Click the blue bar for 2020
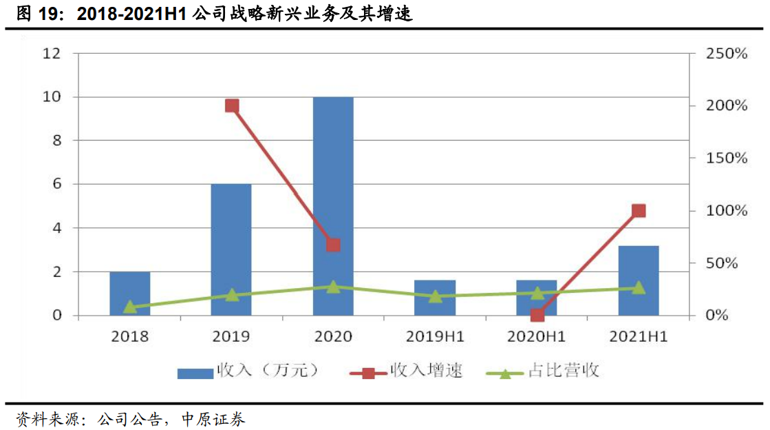pos(333,207)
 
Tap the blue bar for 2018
pos(129,294)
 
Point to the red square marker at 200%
pos(232,105)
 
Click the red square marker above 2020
pos(334,245)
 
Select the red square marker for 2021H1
pos(639,211)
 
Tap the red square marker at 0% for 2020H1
pos(537,316)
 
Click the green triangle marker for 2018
pos(130,307)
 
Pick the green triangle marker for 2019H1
pos(435,296)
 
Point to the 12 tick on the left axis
pos(52,53)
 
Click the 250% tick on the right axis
pos(727,53)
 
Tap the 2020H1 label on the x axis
pos(536,337)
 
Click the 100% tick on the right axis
pos(727,211)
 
